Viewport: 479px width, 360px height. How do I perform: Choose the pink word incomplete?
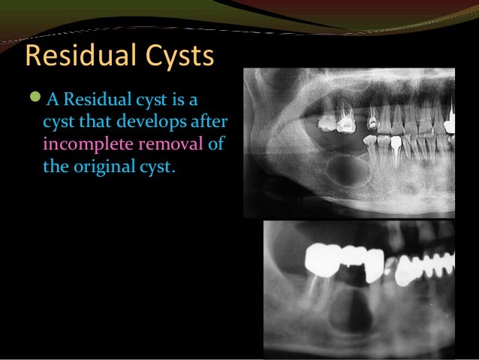click(x=85, y=143)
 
